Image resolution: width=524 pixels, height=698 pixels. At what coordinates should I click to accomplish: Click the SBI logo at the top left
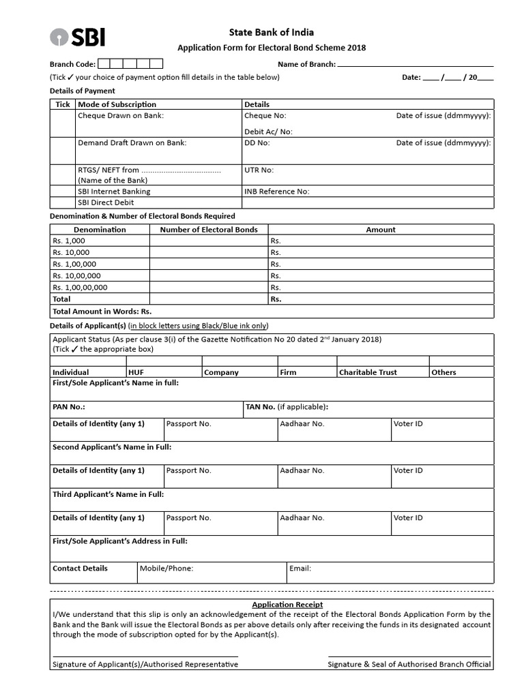[77, 37]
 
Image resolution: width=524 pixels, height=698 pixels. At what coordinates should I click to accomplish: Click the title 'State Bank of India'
[271, 32]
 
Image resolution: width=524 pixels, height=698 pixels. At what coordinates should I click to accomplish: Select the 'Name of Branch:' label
[306, 64]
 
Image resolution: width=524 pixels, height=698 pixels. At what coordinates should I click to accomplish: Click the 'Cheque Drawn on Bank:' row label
[121, 116]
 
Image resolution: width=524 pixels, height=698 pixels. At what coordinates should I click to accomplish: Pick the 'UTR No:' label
[259, 170]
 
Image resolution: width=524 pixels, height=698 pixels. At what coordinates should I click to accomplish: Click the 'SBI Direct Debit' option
[106, 202]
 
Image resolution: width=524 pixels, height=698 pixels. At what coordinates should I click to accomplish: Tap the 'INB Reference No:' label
[276, 192]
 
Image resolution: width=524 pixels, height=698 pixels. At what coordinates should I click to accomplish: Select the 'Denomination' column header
[100, 230]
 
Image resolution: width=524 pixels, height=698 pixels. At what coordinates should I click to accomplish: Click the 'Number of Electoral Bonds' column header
[209, 230]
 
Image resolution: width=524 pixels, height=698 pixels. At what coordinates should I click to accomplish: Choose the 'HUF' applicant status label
[136, 372]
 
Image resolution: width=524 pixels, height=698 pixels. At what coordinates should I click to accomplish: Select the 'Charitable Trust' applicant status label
[368, 372]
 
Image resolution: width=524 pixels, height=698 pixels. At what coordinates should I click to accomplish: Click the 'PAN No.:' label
[69, 407]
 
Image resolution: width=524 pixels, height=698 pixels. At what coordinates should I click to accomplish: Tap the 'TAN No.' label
[260, 407]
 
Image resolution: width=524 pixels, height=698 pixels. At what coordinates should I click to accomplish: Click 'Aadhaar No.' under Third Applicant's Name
[302, 518]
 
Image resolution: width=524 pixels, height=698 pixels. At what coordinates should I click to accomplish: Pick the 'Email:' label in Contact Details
[300, 568]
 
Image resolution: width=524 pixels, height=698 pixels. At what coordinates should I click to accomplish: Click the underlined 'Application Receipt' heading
[287, 605]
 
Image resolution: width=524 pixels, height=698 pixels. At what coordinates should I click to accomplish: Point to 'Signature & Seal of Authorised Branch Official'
[409, 664]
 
